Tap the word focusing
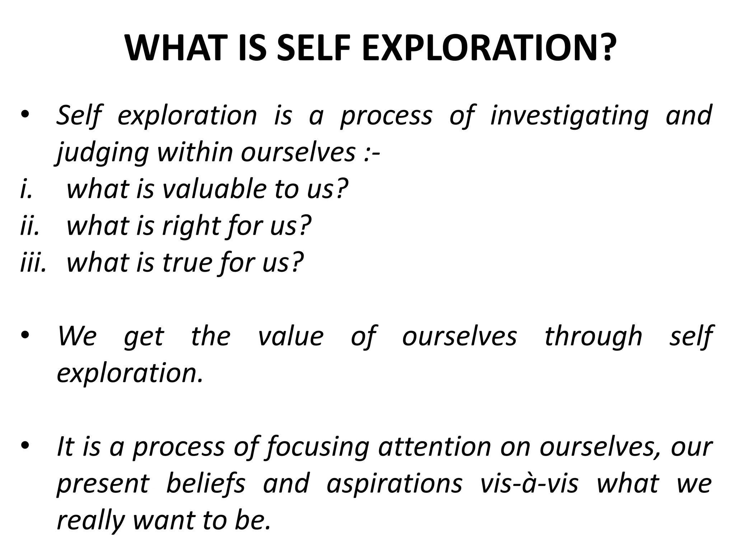coord(318,448)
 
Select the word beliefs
coord(206,484)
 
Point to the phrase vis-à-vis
coord(529,483)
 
